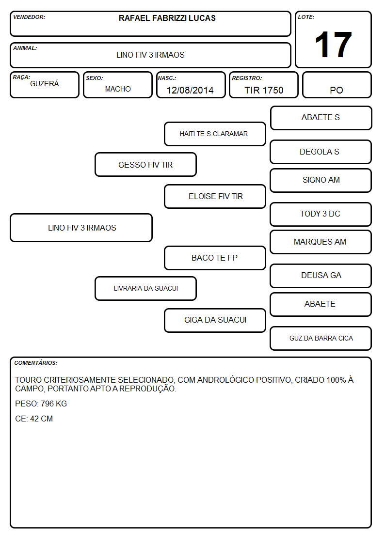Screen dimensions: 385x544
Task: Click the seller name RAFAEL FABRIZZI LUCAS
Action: (x=167, y=18)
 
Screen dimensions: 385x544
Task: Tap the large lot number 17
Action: (x=333, y=45)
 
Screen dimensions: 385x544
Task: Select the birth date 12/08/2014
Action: (x=190, y=90)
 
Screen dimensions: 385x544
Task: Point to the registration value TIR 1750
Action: (x=264, y=90)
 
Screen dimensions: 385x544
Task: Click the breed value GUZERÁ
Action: (x=45, y=84)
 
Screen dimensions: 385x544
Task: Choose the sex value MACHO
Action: (x=118, y=89)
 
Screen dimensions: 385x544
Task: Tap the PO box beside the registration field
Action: (x=337, y=85)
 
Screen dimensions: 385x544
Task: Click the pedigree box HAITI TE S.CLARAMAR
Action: (x=215, y=134)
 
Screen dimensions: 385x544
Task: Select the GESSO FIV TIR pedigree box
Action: (x=145, y=165)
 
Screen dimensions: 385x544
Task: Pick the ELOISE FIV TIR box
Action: (x=215, y=196)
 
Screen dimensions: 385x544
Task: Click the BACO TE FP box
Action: (x=215, y=258)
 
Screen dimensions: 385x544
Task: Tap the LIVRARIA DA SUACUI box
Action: (x=145, y=288)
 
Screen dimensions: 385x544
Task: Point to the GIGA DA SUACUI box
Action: (x=215, y=320)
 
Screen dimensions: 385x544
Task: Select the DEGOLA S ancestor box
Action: (x=321, y=152)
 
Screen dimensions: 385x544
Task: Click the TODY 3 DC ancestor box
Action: (x=321, y=214)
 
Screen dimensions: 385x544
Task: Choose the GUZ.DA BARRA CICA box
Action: (x=321, y=338)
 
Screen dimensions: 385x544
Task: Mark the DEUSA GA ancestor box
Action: (x=321, y=276)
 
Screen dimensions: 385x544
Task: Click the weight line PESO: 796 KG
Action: (x=41, y=404)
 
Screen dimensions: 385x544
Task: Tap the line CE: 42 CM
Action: (x=34, y=419)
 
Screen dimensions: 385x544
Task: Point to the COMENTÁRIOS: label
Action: (x=36, y=363)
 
